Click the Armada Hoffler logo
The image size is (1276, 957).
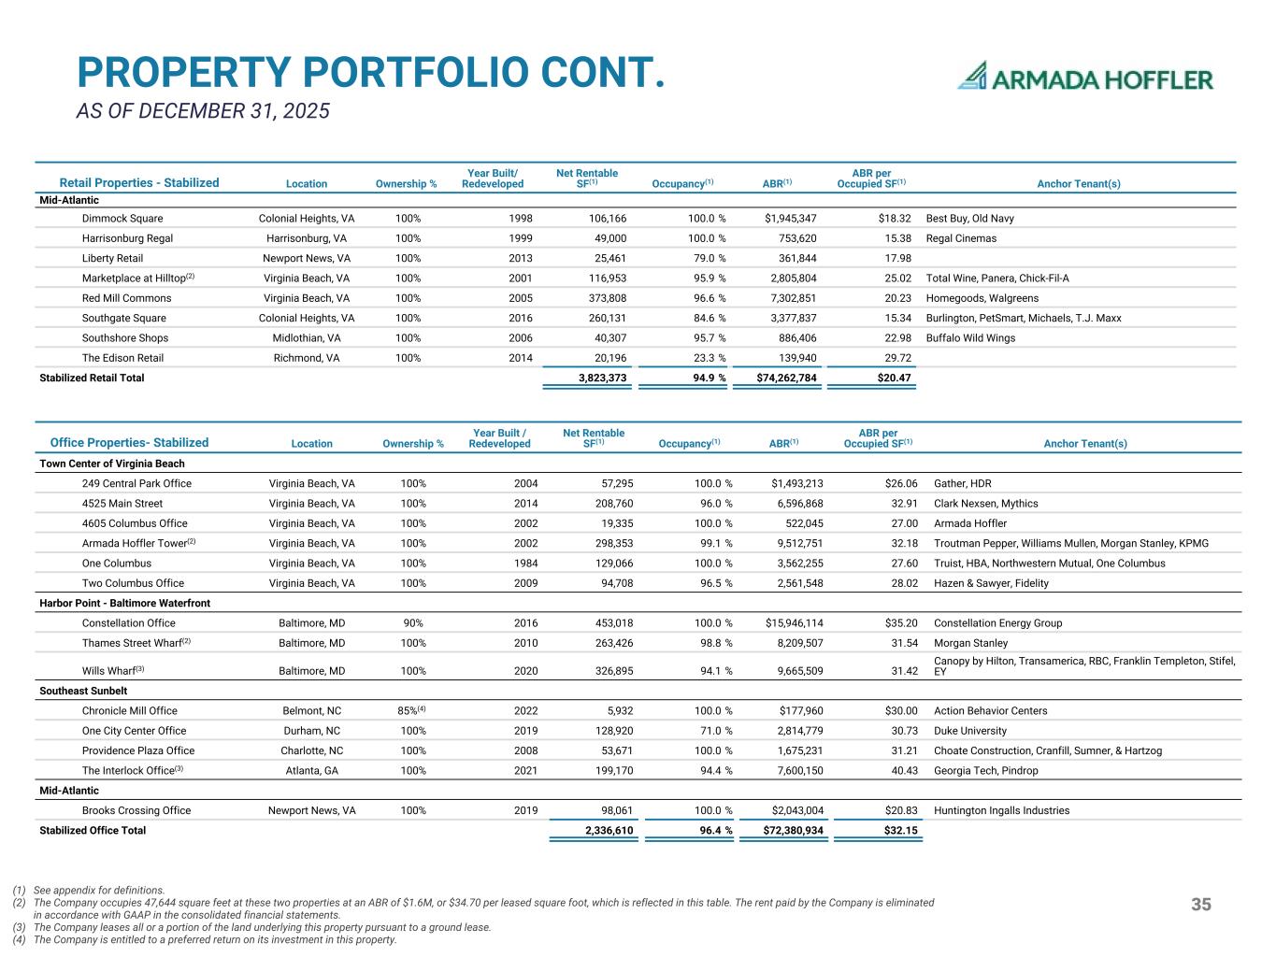(1085, 77)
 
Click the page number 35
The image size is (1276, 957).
(1201, 904)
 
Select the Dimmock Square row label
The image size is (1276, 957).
(122, 219)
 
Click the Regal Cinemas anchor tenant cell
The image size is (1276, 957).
(961, 238)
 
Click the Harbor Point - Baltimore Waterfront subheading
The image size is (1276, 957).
(124, 603)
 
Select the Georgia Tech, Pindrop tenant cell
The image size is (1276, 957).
(985, 771)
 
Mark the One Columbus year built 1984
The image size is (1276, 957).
(526, 564)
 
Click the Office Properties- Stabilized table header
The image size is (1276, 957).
(129, 443)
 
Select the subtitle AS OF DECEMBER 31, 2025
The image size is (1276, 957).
(203, 111)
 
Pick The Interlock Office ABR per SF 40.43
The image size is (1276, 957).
(904, 771)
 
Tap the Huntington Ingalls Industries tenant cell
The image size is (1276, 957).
(1001, 811)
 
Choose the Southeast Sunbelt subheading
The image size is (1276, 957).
(83, 691)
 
